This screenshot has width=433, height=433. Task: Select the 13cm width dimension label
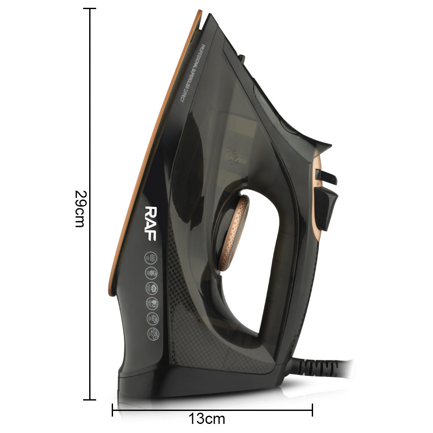[x=207, y=419]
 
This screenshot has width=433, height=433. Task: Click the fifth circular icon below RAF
[x=155, y=318]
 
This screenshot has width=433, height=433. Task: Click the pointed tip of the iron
[x=200, y=11]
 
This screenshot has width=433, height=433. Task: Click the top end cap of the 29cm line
[x=90, y=8]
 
